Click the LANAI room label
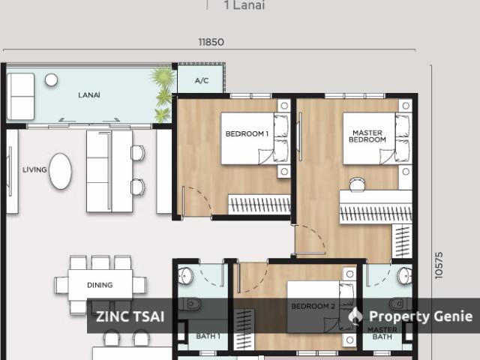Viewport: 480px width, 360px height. (x=89, y=95)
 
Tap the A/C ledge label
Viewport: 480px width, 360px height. (x=202, y=81)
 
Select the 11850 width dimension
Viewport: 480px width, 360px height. (x=211, y=42)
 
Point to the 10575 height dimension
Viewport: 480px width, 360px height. (x=439, y=265)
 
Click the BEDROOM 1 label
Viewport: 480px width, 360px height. (x=247, y=133)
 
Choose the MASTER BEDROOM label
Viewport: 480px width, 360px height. (x=367, y=136)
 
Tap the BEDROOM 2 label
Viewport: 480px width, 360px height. (x=313, y=306)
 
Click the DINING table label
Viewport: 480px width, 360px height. (x=100, y=285)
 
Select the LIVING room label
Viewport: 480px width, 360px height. (x=34, y=169)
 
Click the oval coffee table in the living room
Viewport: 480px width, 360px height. (x=60, y=171)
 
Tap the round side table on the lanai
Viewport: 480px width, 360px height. (x=51, y=80)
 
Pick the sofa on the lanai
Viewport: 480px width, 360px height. (x=20, y=96)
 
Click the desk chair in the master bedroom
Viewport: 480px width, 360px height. (x=357, y=184)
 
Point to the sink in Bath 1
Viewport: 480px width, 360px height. (x=185, y=275)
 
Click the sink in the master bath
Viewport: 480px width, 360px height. (x=405, y=275)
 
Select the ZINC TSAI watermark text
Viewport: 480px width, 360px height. (x=130, y=316)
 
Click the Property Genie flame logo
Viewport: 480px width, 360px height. (x=355, y=315)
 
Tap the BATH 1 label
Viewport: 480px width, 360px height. (x=208, y=336)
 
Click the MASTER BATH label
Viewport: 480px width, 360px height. (x=382, y=333)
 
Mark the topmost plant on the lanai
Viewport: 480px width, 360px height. (x=163, y=76)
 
